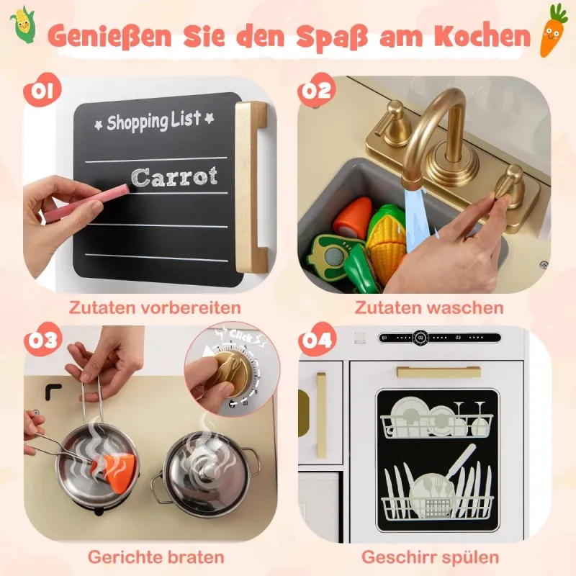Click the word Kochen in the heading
[482, 37]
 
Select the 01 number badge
[42, 89]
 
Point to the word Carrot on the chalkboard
[174, 176]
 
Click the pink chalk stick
[86, 203]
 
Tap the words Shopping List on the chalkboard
[154, 120]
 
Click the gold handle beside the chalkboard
[251, 186]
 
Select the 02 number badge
[317, 91]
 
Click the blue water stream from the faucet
[418, 220]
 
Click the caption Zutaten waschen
[429, 307]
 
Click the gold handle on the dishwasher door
[438, 372]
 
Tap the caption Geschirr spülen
[430, 557]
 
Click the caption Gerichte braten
[156, 557]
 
